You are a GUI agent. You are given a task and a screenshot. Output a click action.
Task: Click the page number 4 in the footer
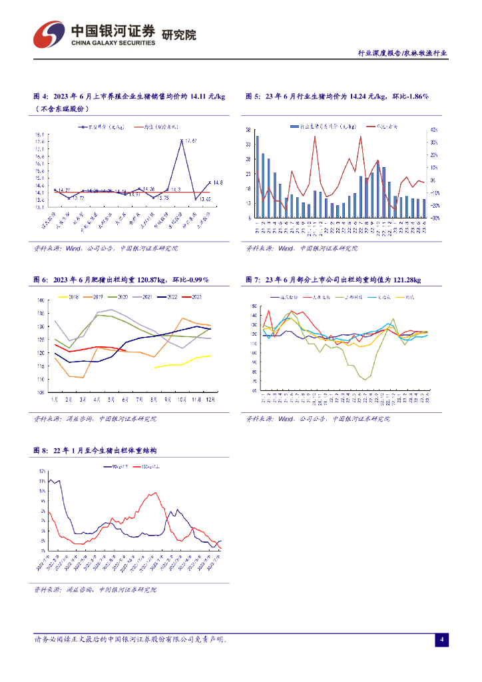coord(441,640)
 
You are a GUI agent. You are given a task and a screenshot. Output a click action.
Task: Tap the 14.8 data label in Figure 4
coord(218,182)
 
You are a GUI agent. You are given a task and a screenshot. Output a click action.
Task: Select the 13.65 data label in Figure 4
coord(204,199)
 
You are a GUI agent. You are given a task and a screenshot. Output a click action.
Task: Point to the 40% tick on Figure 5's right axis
coord(433,130)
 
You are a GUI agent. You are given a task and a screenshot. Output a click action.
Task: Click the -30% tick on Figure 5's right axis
coord(433,218)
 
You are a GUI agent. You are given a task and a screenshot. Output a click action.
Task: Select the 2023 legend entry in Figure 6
coord(195,297)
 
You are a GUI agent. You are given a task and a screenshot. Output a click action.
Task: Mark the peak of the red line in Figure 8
coord(156,493)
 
